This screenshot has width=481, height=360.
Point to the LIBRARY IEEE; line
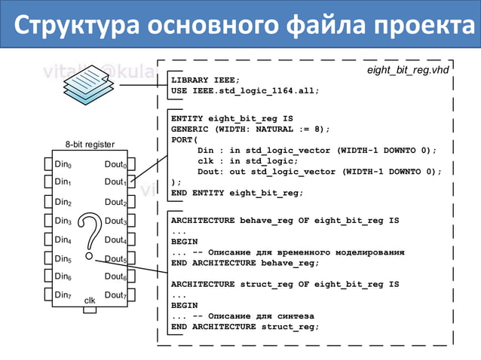click(205, 80)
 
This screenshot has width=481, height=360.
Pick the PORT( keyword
click(184, 139)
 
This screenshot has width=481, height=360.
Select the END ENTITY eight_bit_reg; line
click(237, 193)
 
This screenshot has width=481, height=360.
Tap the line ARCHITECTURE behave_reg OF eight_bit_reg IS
click(285, 221)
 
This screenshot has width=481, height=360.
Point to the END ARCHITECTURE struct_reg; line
click(245, 327)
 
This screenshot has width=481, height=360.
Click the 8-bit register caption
click(89, 144)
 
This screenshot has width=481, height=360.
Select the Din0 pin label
click(63, 163)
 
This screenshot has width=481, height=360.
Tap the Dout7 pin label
click(115, 295)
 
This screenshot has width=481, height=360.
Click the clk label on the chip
click(90, 301)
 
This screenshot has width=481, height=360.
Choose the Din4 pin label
click(63, 240)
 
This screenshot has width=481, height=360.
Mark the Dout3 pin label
click(115, 221)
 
